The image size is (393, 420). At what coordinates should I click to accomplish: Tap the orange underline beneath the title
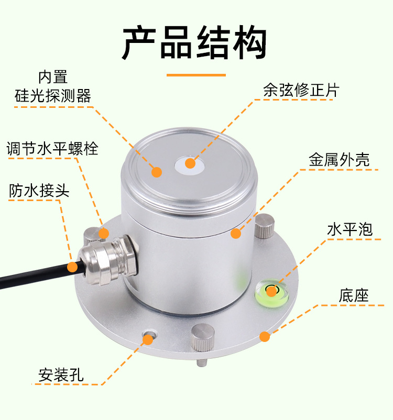(196, 75)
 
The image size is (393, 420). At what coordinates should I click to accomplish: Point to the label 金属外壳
(339, 159)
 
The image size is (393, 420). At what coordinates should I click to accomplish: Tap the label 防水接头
(39, 190)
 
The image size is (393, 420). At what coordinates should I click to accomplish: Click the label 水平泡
(349, 229)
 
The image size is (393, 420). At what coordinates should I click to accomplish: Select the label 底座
(354, 295)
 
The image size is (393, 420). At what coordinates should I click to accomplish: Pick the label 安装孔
(61, 375)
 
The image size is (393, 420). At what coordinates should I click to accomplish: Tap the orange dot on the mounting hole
(148, 339)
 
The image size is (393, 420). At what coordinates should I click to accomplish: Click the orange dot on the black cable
(72, 267)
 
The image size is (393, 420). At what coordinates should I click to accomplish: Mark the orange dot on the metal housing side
(236, 234)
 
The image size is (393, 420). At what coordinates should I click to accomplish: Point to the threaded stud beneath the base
(201, 361)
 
